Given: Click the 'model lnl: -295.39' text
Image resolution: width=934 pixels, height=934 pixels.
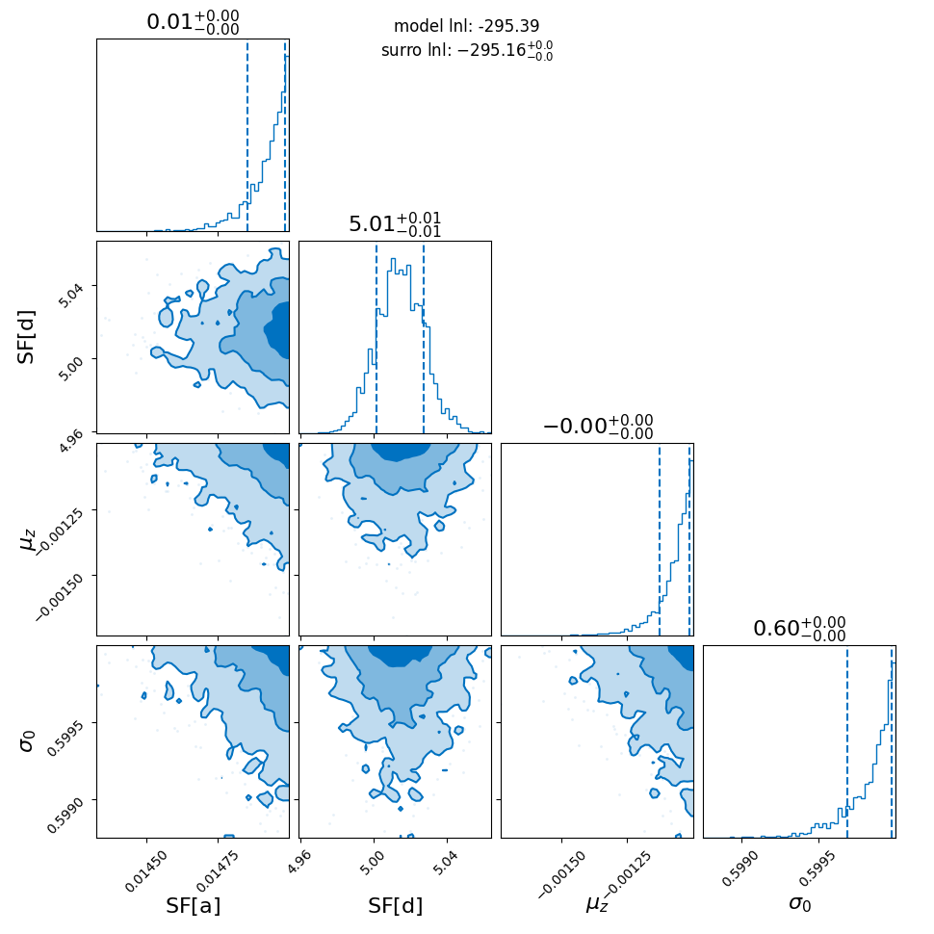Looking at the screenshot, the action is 466,26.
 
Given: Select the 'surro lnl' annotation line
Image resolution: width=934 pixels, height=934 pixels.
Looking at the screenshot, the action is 467,51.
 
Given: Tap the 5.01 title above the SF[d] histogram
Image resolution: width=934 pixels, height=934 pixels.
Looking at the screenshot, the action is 395,224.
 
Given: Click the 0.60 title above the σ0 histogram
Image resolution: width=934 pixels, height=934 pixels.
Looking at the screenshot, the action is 799,629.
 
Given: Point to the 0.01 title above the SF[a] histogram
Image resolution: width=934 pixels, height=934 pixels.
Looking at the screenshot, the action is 193,22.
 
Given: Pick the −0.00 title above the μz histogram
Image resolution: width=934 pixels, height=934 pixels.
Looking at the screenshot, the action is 597,427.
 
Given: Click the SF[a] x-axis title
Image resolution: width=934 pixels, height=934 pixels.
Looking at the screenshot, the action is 193,906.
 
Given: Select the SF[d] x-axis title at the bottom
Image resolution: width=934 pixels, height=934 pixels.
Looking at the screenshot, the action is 396,906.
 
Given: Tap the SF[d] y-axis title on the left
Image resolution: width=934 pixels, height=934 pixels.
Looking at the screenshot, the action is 26,337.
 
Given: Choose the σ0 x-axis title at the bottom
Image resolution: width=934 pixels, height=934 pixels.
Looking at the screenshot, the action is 800,904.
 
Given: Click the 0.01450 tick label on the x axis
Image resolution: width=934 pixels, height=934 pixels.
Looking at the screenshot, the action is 146,871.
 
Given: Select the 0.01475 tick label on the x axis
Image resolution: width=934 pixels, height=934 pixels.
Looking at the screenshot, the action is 217,871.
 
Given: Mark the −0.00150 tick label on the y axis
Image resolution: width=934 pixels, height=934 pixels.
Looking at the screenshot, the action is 60,598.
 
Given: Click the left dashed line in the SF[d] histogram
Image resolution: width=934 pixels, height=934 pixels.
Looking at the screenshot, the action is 376,337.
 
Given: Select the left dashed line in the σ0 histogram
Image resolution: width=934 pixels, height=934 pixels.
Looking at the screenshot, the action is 847,741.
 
